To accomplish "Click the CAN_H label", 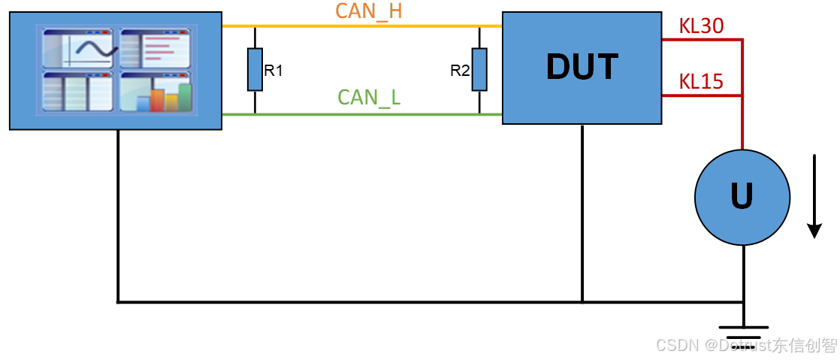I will point(370,11).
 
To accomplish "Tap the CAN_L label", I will point(370,98).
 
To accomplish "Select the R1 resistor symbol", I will point(255,70).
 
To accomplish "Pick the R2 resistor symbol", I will point(479,70).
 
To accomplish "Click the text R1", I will point(273,71).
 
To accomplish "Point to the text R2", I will point(460,71).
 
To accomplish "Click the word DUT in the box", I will point(582,67).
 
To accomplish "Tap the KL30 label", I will point(700,26).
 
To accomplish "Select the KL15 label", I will point(700,81).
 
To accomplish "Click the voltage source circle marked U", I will point(742,197).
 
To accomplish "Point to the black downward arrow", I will point(814,195).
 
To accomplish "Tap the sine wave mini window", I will point(78,49).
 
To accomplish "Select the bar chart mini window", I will point(156,92).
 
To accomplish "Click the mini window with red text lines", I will point(156,49).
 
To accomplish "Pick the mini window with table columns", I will point(78,92).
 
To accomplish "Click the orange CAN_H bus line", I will point(361,26).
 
